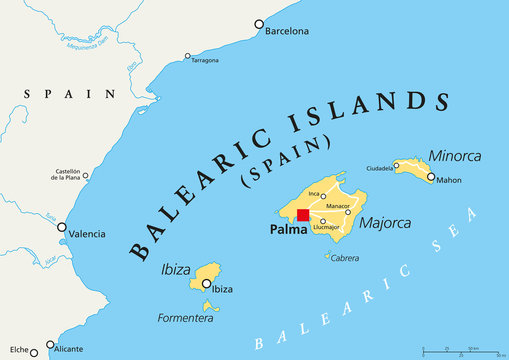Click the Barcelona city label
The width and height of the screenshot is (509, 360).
pos(287,31)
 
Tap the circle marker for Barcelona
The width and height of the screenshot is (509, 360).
pos(259,24)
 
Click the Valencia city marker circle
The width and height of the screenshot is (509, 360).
pos(62,227)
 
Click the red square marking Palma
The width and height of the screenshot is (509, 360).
pos(303,214)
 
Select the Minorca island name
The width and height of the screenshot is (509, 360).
pos(454,156)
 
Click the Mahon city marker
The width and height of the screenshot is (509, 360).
pos(431,178)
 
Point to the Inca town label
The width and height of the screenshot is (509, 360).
pos(313,193)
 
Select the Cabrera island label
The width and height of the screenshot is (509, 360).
pos(345,257)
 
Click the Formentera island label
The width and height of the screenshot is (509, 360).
pos(186,318)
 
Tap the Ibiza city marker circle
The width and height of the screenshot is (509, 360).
pos(207,282)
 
